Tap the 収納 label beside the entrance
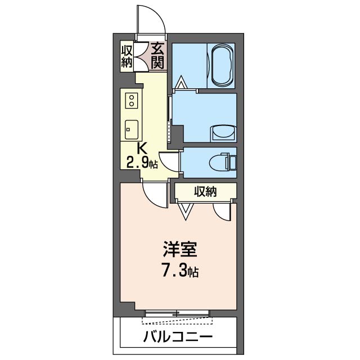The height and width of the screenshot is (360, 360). tap(126, 55)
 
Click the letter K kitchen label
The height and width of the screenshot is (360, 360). tap(142, 150)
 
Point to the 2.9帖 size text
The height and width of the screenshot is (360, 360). tap(141, 164)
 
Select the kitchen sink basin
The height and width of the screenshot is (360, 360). tap(131, 129)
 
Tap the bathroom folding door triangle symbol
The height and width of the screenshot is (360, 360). tap(181, 84)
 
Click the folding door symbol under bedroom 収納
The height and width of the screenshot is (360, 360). tap(186, 210)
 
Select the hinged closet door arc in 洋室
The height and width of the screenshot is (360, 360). tap(222, 211)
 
